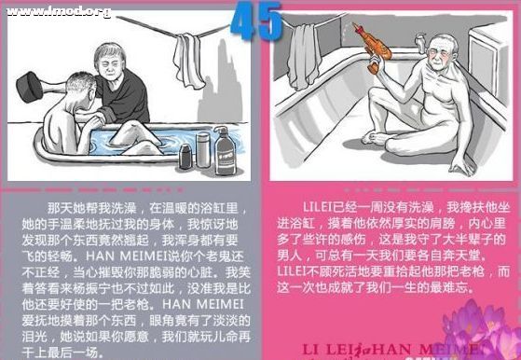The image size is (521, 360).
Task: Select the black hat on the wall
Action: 29,86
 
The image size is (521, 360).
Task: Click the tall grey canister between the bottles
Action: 202,148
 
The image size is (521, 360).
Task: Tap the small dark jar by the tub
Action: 185,157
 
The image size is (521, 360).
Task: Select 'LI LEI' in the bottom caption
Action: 336,350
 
